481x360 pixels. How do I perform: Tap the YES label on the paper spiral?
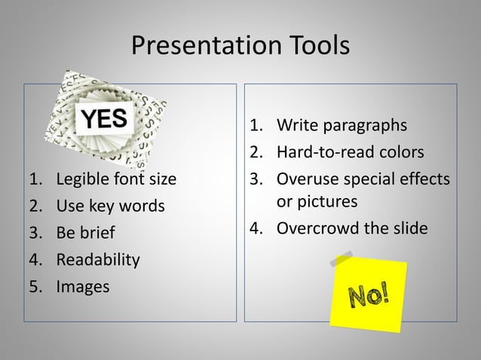pyautogui.click(x=105, y=119)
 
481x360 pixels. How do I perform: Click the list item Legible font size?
pyautogui.click(x=116, y=180)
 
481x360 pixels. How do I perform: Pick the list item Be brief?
pyautogui.click(x=83, y=233)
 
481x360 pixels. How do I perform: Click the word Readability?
pyautogui.click(x=97, y=261)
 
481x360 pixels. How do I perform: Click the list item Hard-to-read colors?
pyautogui.click(x=350, y=153)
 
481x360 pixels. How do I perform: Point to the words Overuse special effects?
pyautogui.click(x=363, y=180)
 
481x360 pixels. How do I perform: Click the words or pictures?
pyautogui.click(x=317, y=202)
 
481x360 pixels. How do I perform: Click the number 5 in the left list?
pyautogui.click(x=33, y=287)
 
